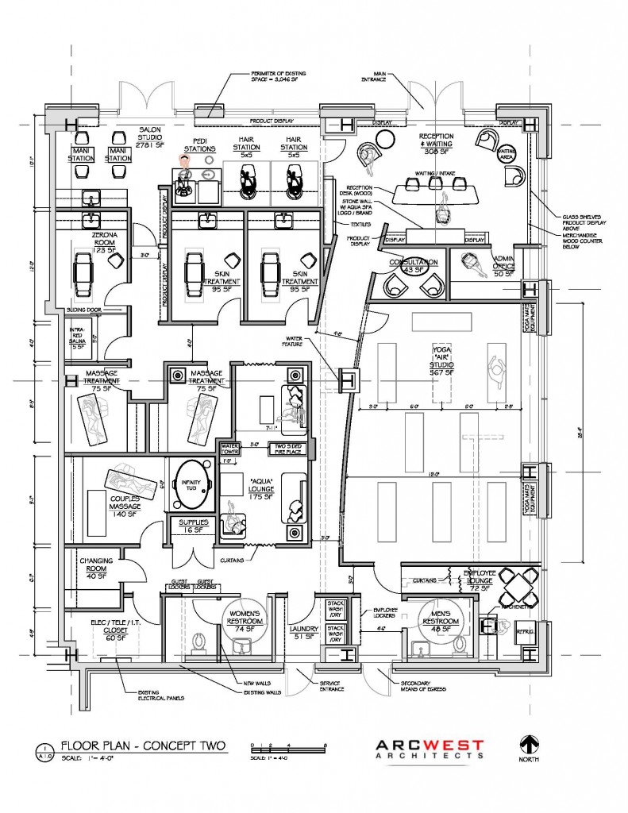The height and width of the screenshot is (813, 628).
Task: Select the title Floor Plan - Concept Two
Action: (143, 746)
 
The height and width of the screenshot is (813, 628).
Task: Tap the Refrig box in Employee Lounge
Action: (526, 632)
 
